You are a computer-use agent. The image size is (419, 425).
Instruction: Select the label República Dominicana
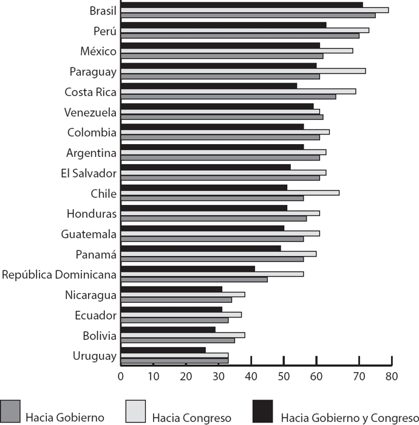(x=59, y=274)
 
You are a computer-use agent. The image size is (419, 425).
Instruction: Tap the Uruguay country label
(x=96, y=356)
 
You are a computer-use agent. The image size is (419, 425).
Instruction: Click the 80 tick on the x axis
(x=391, y=376)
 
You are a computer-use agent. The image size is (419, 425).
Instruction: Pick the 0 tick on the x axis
(x=121, y=376)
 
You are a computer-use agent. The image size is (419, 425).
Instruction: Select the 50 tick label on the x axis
(x=283, y=376)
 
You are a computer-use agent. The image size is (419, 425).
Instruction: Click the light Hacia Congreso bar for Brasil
(x=254, y=10)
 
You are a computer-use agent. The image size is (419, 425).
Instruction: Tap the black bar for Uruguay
(x=163, y=350)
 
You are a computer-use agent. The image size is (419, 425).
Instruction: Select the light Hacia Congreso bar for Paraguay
(x=243, y=71)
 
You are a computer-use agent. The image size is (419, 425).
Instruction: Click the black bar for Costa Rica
(x=209, y=86)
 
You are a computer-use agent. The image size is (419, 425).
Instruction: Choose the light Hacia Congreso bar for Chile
(x=230, y=193)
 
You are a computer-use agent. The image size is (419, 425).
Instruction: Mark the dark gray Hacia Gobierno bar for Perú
(x=240, y=36)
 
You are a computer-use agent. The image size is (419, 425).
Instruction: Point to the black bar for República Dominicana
(x=188, y=268)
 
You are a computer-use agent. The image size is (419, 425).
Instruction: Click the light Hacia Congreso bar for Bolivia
(x=183, y=335)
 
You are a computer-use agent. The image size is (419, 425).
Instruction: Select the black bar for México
(x=220, y=46)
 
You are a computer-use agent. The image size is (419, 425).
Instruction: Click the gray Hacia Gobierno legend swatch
(x=10, y=411)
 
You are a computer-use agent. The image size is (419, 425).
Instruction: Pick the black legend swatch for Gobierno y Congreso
(x=262, y=411)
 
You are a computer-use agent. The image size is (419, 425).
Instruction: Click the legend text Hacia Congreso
(x=191, y=418)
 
